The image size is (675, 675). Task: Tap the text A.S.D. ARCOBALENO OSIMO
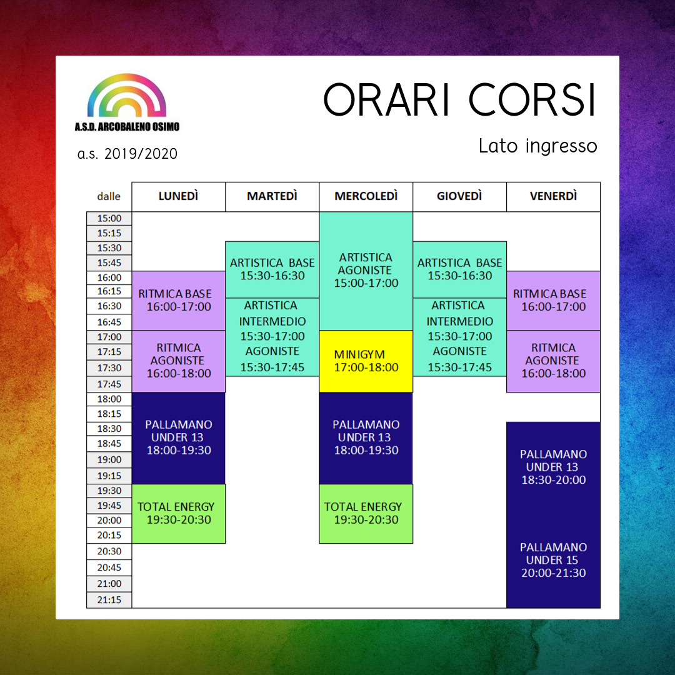pos(127,126)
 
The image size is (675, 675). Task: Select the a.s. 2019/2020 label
pos(127,154)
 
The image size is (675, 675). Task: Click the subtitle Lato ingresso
pos(537,146)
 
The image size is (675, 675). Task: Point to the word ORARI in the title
pos(387,99)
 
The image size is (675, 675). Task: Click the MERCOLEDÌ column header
pos(366,196)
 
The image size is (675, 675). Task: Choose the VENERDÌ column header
pos(553,196)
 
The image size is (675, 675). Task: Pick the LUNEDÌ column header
pos(178,196)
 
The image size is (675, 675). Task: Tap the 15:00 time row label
pos(109,219)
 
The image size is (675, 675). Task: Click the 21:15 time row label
pos(109,600)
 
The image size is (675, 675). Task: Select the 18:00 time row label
pos(109,399)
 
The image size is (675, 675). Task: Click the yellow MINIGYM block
pos(366,361)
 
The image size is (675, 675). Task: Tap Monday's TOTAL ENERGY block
pos(179,514)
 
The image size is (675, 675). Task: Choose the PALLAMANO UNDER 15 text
pos(553,560)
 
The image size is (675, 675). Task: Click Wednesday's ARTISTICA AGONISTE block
pos(366,271)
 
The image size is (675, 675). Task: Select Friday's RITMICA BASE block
pos(553,301)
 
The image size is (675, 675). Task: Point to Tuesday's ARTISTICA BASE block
pos(272,269)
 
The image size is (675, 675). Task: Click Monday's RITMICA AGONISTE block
pos(179,361)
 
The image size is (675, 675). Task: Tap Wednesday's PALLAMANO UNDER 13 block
pos(366,437)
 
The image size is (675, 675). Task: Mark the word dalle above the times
pos(109,196)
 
